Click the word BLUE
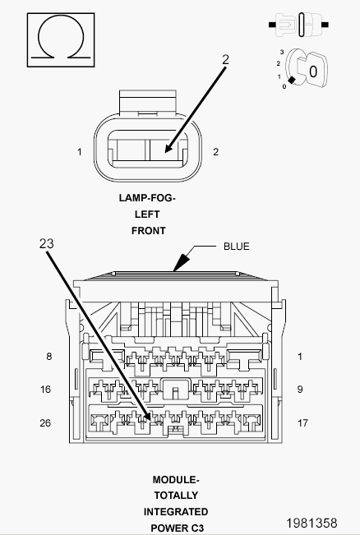(237, 247)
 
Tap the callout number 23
(46, 243)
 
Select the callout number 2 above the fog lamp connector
(225, 60)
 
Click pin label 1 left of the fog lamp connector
(80, 152)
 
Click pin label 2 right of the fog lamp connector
(215, 152)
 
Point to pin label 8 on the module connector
(49, 357)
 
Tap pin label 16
(46, 390)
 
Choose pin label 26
(45, 423)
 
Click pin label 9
(300, 390)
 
